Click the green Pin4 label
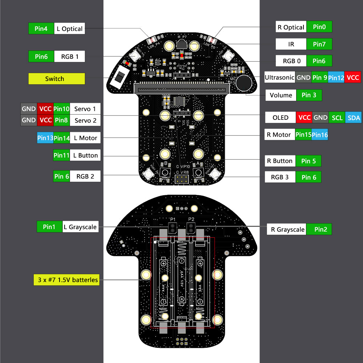click(x=41, y=29)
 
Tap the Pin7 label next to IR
click(x=319, y=44)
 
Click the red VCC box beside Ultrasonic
click(x=352, y=77)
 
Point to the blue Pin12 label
click(x=336, y=77)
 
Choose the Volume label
click(x=281, y=95)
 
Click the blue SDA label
click(x=354, y=118)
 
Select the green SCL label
click(x=337, y=118)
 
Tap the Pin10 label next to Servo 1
click(x=61, y=109)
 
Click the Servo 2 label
click(x=85, y=120)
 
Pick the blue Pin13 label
click(x=45, y=138)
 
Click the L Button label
click(x=85, y=155)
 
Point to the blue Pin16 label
click(x=320, y=135)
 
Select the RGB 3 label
click(x=280, y=177)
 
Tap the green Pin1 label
click(x=49, y=227)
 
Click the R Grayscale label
click(x=287, y=229)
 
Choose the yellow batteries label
click(x=68, y=280)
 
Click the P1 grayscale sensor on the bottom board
click(x=173, y=228)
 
